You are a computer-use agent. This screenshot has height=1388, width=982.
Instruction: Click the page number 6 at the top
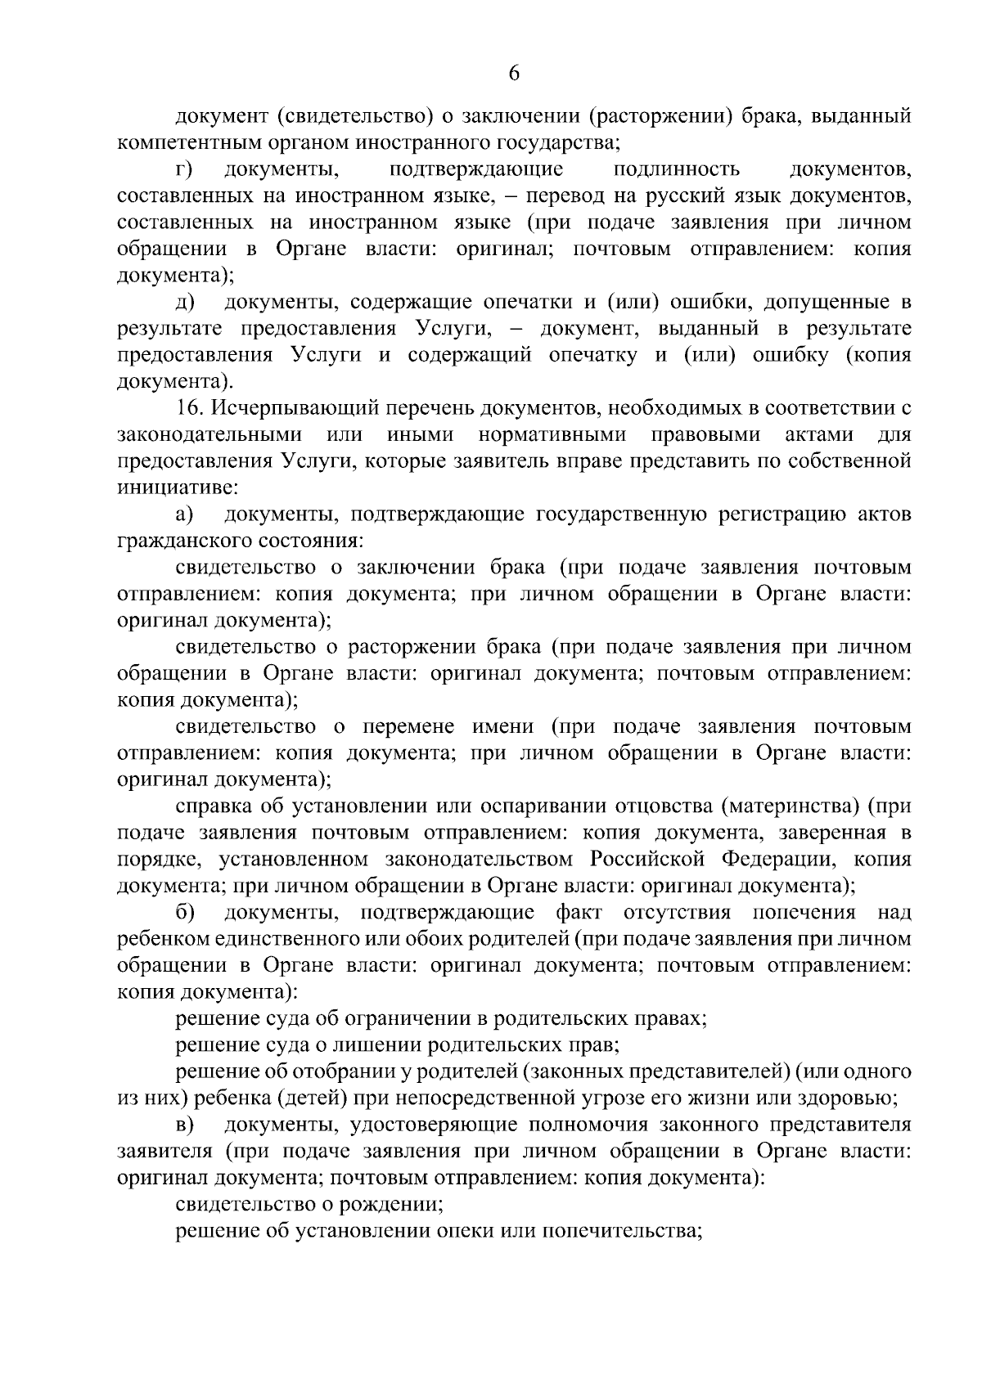[x=514, y=74]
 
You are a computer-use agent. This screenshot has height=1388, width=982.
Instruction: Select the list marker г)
[x=183, y=170]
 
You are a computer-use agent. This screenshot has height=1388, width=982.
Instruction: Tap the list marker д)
[x=183, y=303]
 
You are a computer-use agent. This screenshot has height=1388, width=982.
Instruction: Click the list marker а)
[x=183, y=514]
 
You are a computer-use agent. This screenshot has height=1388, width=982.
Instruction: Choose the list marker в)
[x=183, y=1125]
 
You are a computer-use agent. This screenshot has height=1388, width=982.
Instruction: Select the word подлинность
[x=676, y=170]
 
